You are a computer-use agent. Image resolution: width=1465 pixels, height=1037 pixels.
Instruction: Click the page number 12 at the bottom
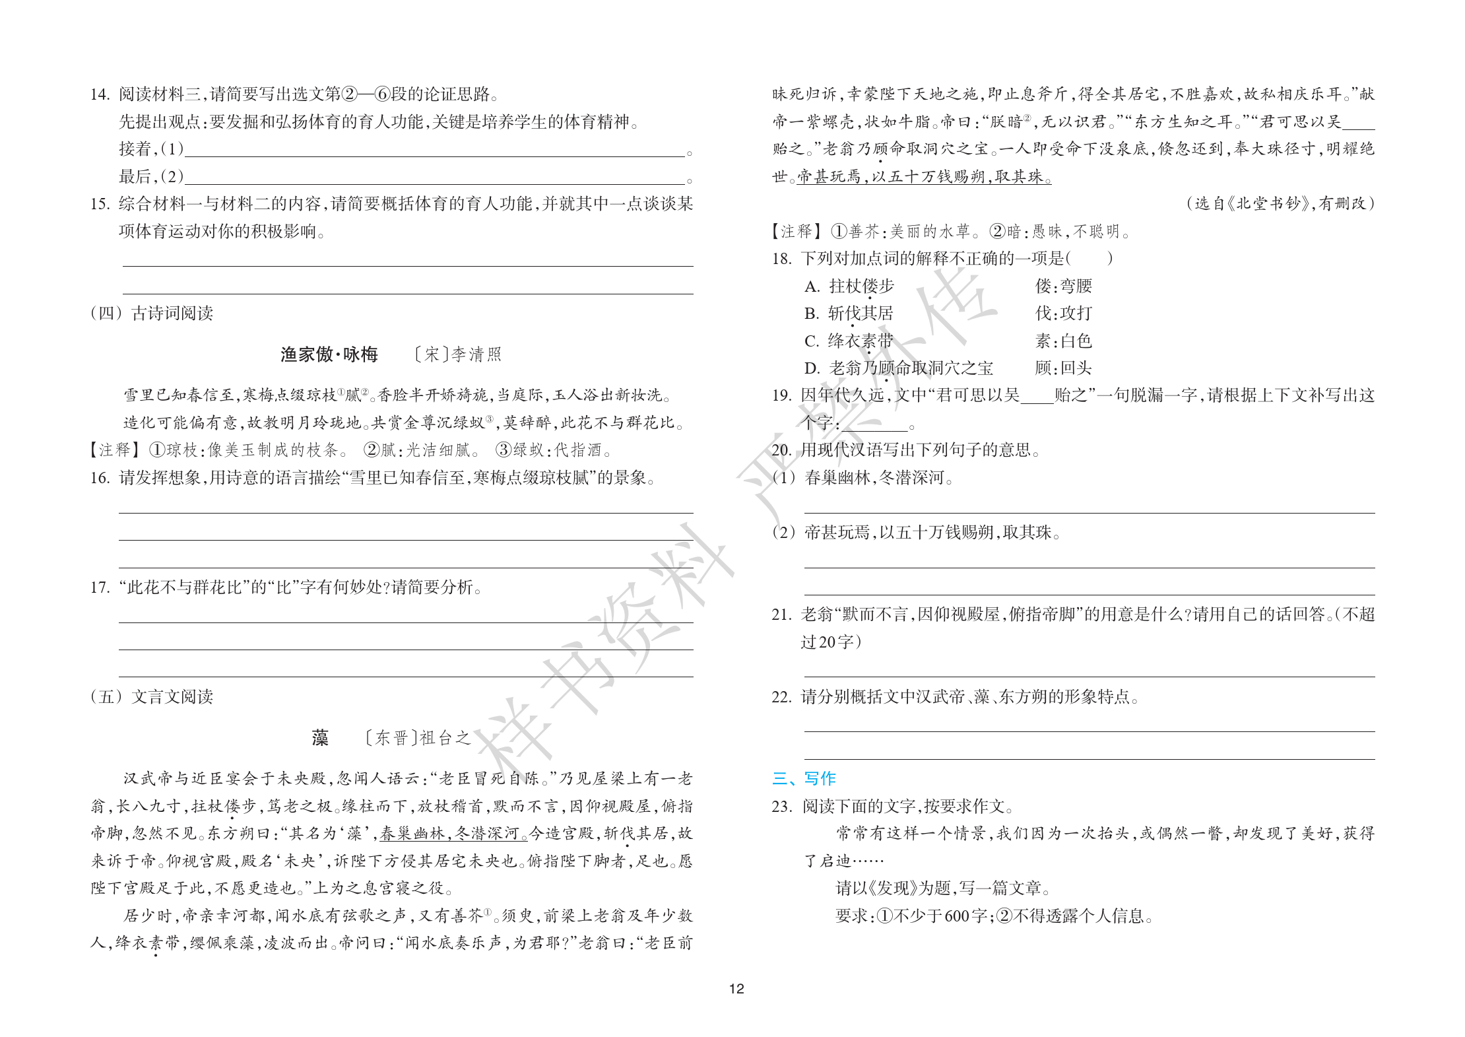[736, 988]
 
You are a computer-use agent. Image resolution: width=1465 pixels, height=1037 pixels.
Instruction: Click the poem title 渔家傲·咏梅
[329, 354]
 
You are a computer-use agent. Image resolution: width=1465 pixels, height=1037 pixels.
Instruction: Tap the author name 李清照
[476, 354]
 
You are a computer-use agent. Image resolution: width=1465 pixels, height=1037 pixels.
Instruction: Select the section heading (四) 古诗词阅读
[152, 313]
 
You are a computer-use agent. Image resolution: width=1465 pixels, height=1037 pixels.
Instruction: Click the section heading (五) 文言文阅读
[152, 696]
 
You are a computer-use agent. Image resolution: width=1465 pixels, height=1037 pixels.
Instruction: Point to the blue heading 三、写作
[804, 778]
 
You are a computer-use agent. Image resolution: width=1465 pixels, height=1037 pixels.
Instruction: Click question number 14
[100, 94]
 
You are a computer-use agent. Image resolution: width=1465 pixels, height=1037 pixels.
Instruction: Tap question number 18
[781, 258]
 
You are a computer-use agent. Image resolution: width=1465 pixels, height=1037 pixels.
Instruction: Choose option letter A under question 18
[812, 286]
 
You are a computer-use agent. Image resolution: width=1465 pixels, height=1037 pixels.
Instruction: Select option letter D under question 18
[812, 368]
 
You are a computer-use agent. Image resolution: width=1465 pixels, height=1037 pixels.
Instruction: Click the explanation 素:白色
[1063, 341]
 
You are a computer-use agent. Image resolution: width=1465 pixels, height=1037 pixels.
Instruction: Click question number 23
[781, 806]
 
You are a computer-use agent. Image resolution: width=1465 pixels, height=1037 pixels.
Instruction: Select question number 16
[100, 477]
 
